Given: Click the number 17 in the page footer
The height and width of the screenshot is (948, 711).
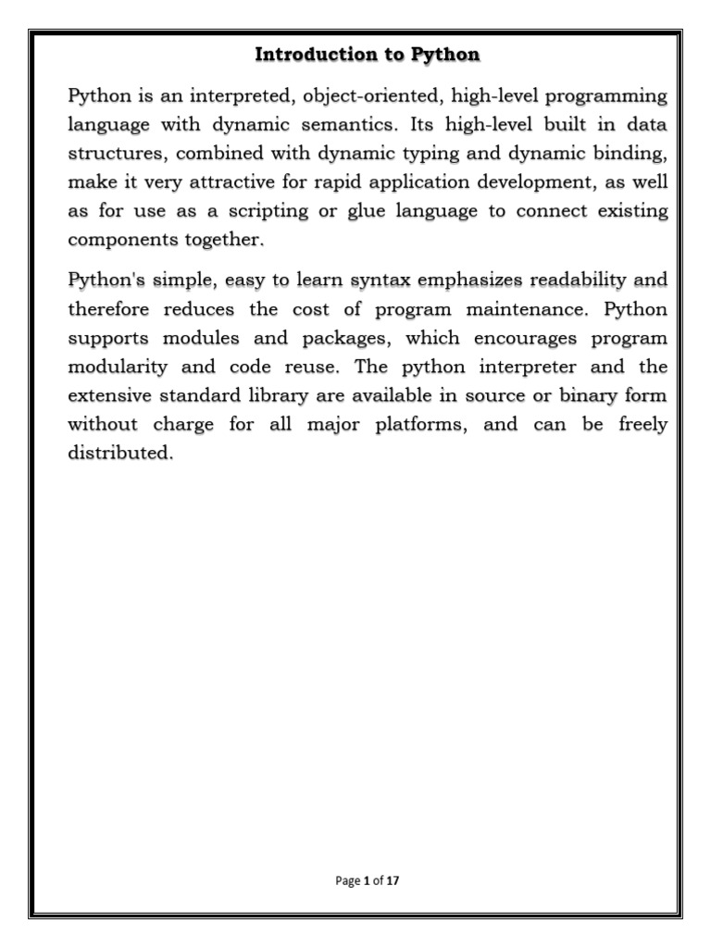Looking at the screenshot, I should coord(393,881).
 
